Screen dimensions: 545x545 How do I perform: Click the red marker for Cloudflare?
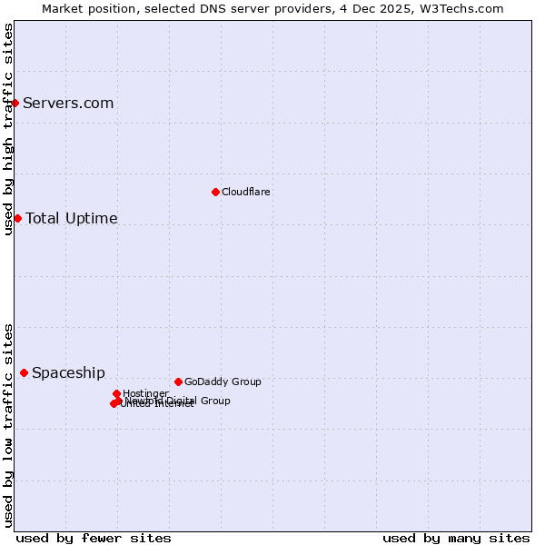[215, 192]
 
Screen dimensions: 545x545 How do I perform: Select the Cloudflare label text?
[246, 192]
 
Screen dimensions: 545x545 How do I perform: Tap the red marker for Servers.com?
[15, 103]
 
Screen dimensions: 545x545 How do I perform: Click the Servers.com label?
[68, 103]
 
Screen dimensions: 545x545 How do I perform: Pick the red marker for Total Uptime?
[17, 218]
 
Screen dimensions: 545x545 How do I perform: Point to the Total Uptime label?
[72, 218]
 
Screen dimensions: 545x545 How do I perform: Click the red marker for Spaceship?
[24, 372]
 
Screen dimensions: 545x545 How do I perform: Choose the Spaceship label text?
[68, 372]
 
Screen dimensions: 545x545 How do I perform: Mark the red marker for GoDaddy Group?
[178, 381]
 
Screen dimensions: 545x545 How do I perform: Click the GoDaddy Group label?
[223, 381]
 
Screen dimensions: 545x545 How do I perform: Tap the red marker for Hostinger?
[117, 393]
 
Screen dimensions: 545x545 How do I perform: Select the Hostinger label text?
[145, 393]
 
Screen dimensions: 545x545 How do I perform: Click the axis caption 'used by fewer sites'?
[94, 538]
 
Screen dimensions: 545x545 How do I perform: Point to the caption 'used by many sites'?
[456, 538]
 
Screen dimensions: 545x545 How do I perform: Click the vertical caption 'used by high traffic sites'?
[9, 129]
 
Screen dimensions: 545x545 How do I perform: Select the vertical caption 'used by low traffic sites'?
[9, 424]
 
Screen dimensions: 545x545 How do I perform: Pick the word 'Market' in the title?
[63, 8]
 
